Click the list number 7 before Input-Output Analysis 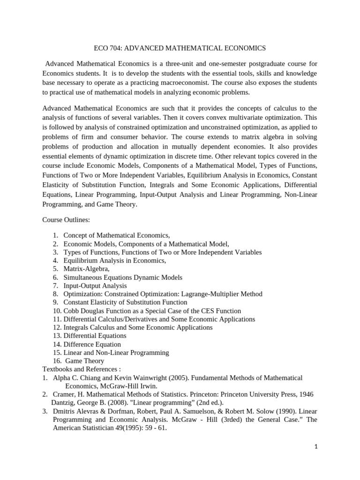click(x=55, y=285)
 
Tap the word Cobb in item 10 click(x=71, y=311)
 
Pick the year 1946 click(x=305, y=395)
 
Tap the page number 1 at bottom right click(x=316, y=447)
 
